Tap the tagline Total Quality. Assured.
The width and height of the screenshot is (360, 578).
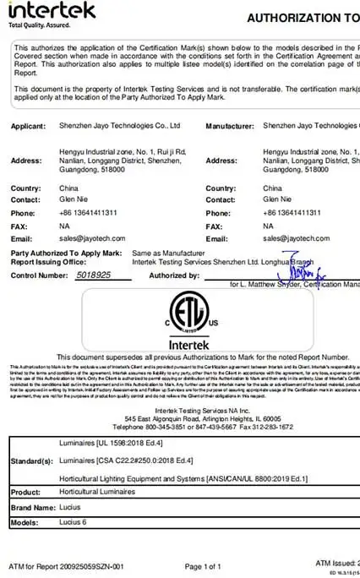(x=40, y=26)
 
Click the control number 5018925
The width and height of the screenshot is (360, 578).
(x=94, y=275)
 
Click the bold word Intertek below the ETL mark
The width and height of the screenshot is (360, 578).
(x=178, y=345)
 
